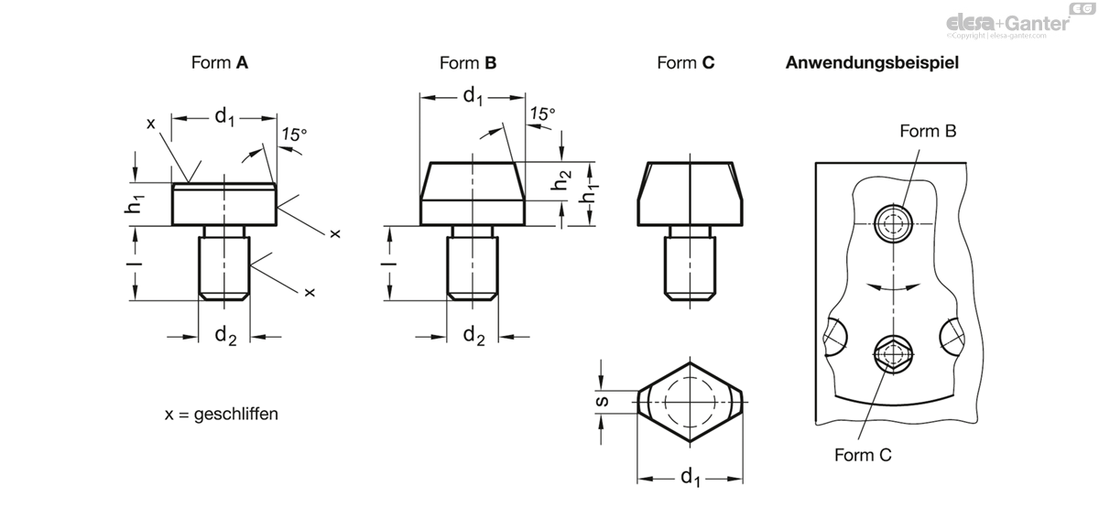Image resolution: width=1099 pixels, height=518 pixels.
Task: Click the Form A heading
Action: point(219,63)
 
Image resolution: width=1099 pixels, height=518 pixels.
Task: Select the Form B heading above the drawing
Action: point(468,63)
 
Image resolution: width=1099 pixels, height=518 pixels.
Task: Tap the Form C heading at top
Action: point(685,63)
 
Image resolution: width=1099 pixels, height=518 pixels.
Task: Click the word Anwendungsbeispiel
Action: point(872,63)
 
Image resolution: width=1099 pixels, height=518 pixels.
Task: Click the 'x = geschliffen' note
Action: point(222,414)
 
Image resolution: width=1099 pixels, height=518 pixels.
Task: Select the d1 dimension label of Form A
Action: point(224,118)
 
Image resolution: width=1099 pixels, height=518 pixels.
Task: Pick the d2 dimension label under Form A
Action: point(225,336)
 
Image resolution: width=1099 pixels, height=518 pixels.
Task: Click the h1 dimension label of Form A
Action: point(134,204)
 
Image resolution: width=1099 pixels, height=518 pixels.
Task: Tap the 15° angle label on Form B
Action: point(542,114)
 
